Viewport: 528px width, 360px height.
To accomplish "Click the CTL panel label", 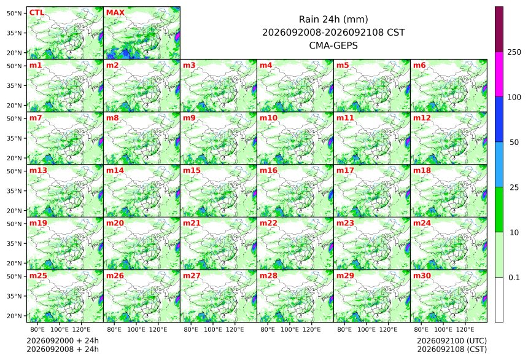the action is click(x=37, y=12).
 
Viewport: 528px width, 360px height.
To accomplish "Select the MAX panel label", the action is click(x=115, y=12).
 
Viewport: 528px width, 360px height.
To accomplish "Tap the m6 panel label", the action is click(x=419, y=65).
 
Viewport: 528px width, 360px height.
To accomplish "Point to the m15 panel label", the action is click(x=192, y=170).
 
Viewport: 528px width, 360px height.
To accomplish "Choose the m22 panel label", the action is click(x=268, y=223).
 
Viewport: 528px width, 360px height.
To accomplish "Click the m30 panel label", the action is click(x=422, y=275).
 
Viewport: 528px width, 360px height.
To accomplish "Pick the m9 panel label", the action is click(x=189, y=117).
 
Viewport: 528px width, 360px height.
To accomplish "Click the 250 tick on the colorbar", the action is click(x=514, y=52).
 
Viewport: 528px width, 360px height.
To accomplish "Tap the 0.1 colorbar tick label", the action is click(x=514, y=278).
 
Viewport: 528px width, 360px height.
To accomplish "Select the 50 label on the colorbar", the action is click(x=514, y=143).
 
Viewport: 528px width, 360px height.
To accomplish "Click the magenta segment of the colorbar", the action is click(x=499, y=74).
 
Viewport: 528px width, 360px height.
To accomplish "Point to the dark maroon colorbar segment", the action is click(x=499, y=29).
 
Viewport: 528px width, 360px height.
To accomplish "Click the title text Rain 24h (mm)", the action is click(x=333, y=19).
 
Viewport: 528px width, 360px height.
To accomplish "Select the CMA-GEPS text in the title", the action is click(x=333, y=45).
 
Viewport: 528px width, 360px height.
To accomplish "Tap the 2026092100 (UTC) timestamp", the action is click(x=452, y=340).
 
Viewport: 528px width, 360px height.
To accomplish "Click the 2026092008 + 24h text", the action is click(x=63, y=349).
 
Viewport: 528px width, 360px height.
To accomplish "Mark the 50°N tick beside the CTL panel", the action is click(x=14, y=13).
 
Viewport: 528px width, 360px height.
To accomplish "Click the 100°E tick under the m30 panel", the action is click(x=443, y=329).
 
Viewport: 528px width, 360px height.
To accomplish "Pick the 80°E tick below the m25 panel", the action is click(x=37, y=329).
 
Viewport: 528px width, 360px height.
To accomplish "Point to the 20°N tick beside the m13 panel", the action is click(x=14, y=211).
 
